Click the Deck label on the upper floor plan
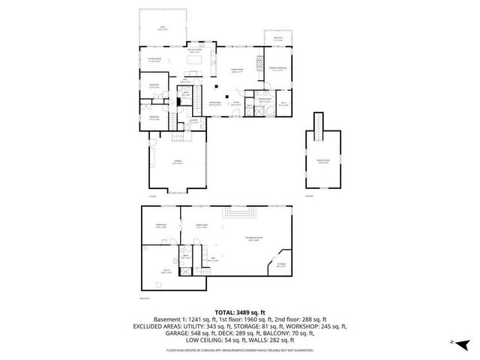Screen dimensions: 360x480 [x=162, y=28]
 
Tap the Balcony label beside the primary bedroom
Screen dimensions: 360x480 [x=277, y=39]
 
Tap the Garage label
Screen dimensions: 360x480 [x=178, y=162]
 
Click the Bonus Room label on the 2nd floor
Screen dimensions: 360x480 [x=322, y=161]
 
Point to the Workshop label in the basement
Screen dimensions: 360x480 [x=161, y=226]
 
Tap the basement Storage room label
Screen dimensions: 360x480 [x=280, y=264]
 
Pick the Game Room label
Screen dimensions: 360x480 [x=201, y=226]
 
